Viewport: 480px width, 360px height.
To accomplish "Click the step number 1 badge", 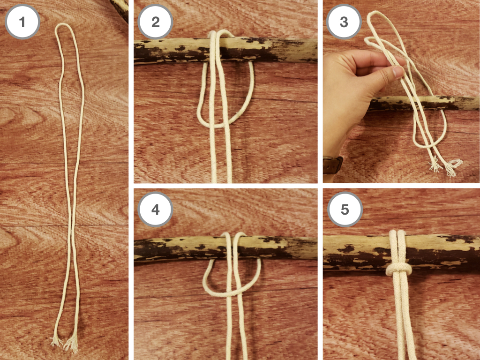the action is pos(22,22).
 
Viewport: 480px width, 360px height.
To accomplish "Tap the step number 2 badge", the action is pos(156,22).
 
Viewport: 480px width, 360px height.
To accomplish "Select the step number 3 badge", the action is pos(344,22).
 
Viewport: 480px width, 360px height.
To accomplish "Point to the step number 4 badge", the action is pos(156,210).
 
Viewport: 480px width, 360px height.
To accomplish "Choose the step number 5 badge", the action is pos(345,210).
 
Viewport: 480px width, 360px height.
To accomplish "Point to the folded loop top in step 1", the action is pos(65,26).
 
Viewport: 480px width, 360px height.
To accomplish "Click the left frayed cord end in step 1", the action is pos(56,341).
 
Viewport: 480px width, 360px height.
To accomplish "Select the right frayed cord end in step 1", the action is pos(72,344).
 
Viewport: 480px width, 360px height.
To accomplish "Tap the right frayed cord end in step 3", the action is pos(452,167).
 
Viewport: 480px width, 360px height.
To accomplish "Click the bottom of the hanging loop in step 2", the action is pos(214,125).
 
